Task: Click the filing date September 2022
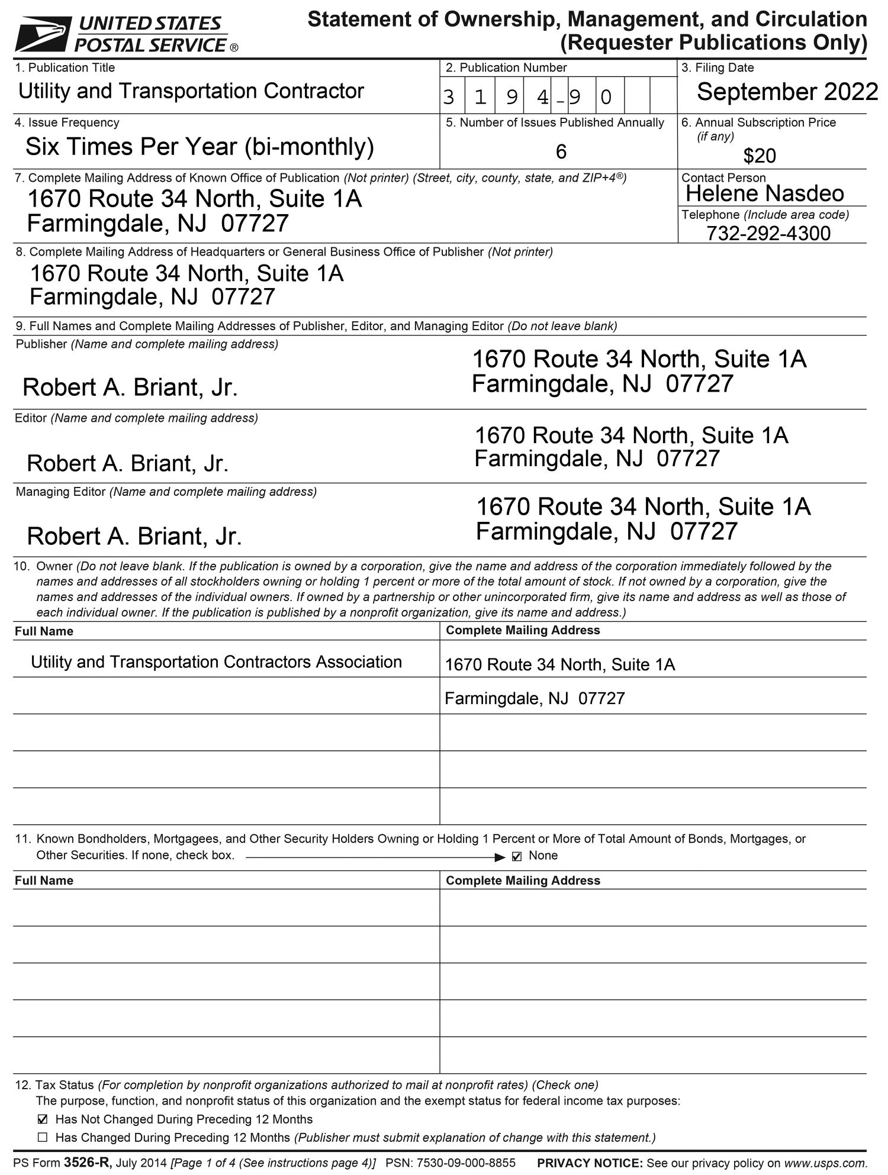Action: tap(787, 92)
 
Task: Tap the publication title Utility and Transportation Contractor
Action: tap(191, 91)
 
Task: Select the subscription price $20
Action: tap(760, 156)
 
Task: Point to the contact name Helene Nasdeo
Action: tap(764, 193)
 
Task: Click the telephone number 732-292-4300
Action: tap(768, 233)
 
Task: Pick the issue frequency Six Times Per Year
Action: tap(200, 146)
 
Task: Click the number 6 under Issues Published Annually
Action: tap(561, 152)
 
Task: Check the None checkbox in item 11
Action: tap(517, 857)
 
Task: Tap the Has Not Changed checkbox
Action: tap(42, 1119)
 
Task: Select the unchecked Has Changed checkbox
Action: tap(42, 1137)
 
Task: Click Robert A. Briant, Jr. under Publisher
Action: tap(130, 388)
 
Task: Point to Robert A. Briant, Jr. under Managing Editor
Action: tap(134, 536)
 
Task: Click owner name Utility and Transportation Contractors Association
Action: tap(216, 661)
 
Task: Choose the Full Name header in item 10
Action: tap(44, 631)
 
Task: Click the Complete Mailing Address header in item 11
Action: tap(523, 880)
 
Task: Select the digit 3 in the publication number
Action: tap(449, 96)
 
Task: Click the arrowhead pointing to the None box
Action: tap(500, 857)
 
